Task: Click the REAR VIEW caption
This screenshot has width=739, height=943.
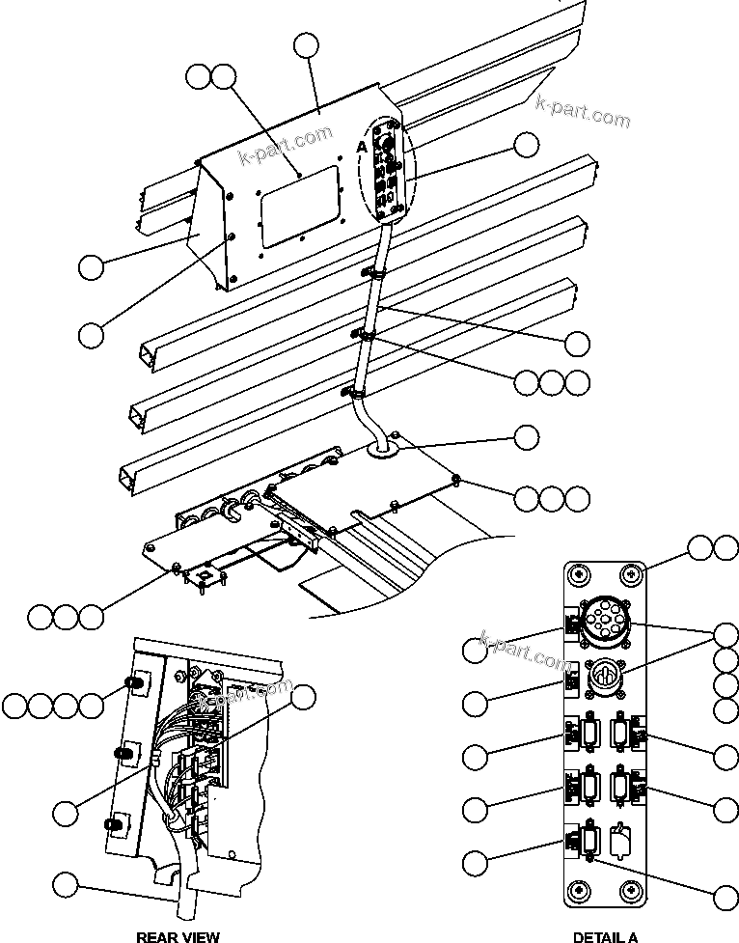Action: click(x=178, y=935)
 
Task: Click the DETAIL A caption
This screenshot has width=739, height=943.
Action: click(x=605, y=935)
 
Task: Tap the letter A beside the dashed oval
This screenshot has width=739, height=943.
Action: click(x=361, y=145)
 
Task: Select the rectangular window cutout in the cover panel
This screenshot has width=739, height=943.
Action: click(x=300, y=203)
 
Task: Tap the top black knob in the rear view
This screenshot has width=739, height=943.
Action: click(x=135, y=684)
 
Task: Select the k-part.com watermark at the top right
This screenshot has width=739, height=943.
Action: click(x=582, y=112)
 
